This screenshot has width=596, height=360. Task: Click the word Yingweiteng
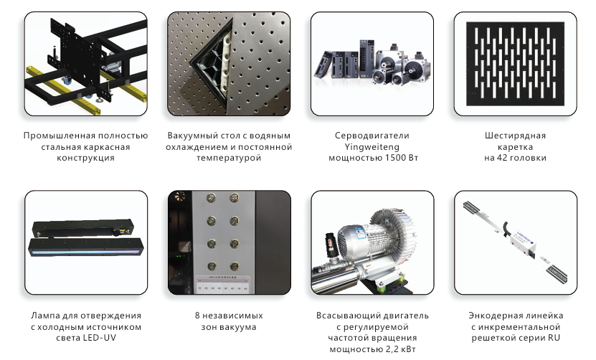pyautogui.click(x=372, y=147)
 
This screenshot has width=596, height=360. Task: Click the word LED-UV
pyautogui.click(x=100, y=338)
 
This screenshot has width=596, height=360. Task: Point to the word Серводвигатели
pyautogui.click(x=372, y=136)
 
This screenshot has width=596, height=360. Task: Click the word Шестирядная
pyautogui.click(x=515, y=136)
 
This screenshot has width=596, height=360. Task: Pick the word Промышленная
pyautogui.click(x=59, y=136)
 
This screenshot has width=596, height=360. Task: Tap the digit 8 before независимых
pyautogui.click(x=197, y=316)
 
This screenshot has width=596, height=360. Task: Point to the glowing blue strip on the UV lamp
pyautogui.click(x=85, y=251)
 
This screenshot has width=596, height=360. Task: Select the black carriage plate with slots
pyautogui.click(x=515, y=64)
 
